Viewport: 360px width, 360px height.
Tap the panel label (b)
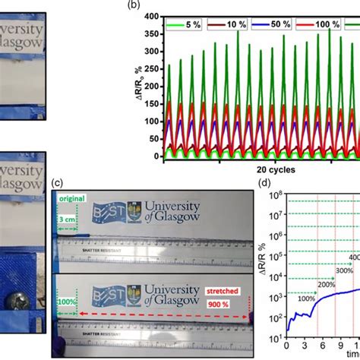coord(134,5)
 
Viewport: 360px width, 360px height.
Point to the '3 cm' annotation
coord(71,221)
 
